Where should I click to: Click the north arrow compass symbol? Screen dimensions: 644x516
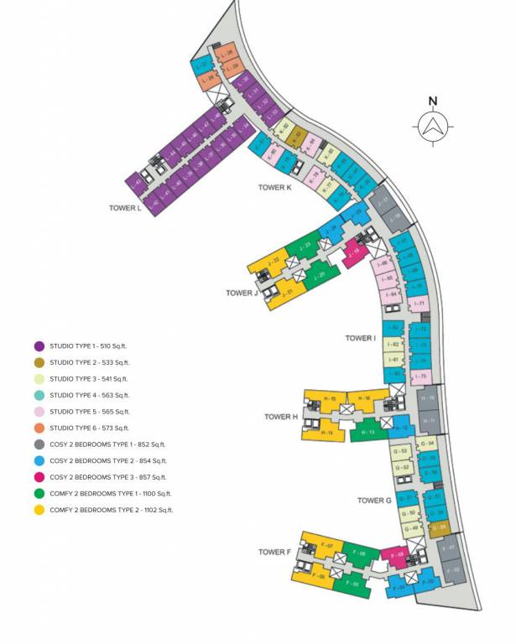433,127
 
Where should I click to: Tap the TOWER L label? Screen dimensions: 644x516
128,207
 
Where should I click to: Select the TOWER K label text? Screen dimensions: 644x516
275,188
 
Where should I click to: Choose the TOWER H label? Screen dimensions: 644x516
281,416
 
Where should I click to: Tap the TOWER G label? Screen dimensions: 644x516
375,501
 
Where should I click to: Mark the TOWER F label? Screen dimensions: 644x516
274,552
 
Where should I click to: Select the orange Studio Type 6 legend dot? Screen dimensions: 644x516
39,428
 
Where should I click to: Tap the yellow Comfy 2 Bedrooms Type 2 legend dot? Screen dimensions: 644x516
39,509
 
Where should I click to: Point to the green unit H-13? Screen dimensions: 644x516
365,433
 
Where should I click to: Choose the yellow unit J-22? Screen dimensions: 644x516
273,261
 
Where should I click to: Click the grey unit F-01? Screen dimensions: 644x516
450,549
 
